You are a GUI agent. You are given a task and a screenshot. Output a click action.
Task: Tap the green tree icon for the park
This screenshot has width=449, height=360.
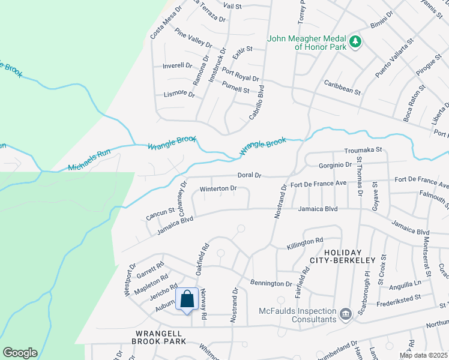tap(356, 41)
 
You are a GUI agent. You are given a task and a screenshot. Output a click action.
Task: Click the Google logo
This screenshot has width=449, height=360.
tap(20, 353)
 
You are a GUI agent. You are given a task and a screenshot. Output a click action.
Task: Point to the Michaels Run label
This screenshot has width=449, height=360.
tap(89, 160)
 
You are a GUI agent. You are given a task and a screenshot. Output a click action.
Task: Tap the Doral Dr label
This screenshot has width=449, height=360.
tap(250, 175)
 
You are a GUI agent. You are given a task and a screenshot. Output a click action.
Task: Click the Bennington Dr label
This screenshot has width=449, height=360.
tap(271, 283)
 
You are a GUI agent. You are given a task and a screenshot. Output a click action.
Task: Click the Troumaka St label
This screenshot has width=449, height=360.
tap(363, 151)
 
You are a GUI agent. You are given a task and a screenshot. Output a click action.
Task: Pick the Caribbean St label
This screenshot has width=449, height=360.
tap(342, 88)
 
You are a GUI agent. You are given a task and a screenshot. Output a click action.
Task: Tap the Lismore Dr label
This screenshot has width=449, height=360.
tap(180, 95)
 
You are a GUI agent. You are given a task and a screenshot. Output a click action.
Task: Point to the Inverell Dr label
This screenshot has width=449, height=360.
tap(177, 65)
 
